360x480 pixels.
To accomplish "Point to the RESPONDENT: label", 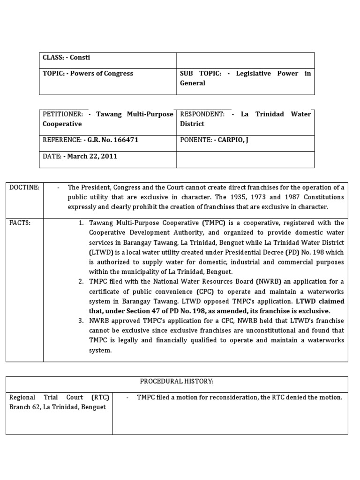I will point(202,114).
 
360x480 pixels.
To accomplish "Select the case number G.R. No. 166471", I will point(111,140).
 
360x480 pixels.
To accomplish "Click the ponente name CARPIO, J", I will point(232,140).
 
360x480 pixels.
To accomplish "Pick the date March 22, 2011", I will point(92,156).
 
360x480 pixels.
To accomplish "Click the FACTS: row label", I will point(20,223).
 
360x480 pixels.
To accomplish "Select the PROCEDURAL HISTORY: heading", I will point(177,382).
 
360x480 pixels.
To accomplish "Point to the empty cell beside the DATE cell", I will point(245,159).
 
